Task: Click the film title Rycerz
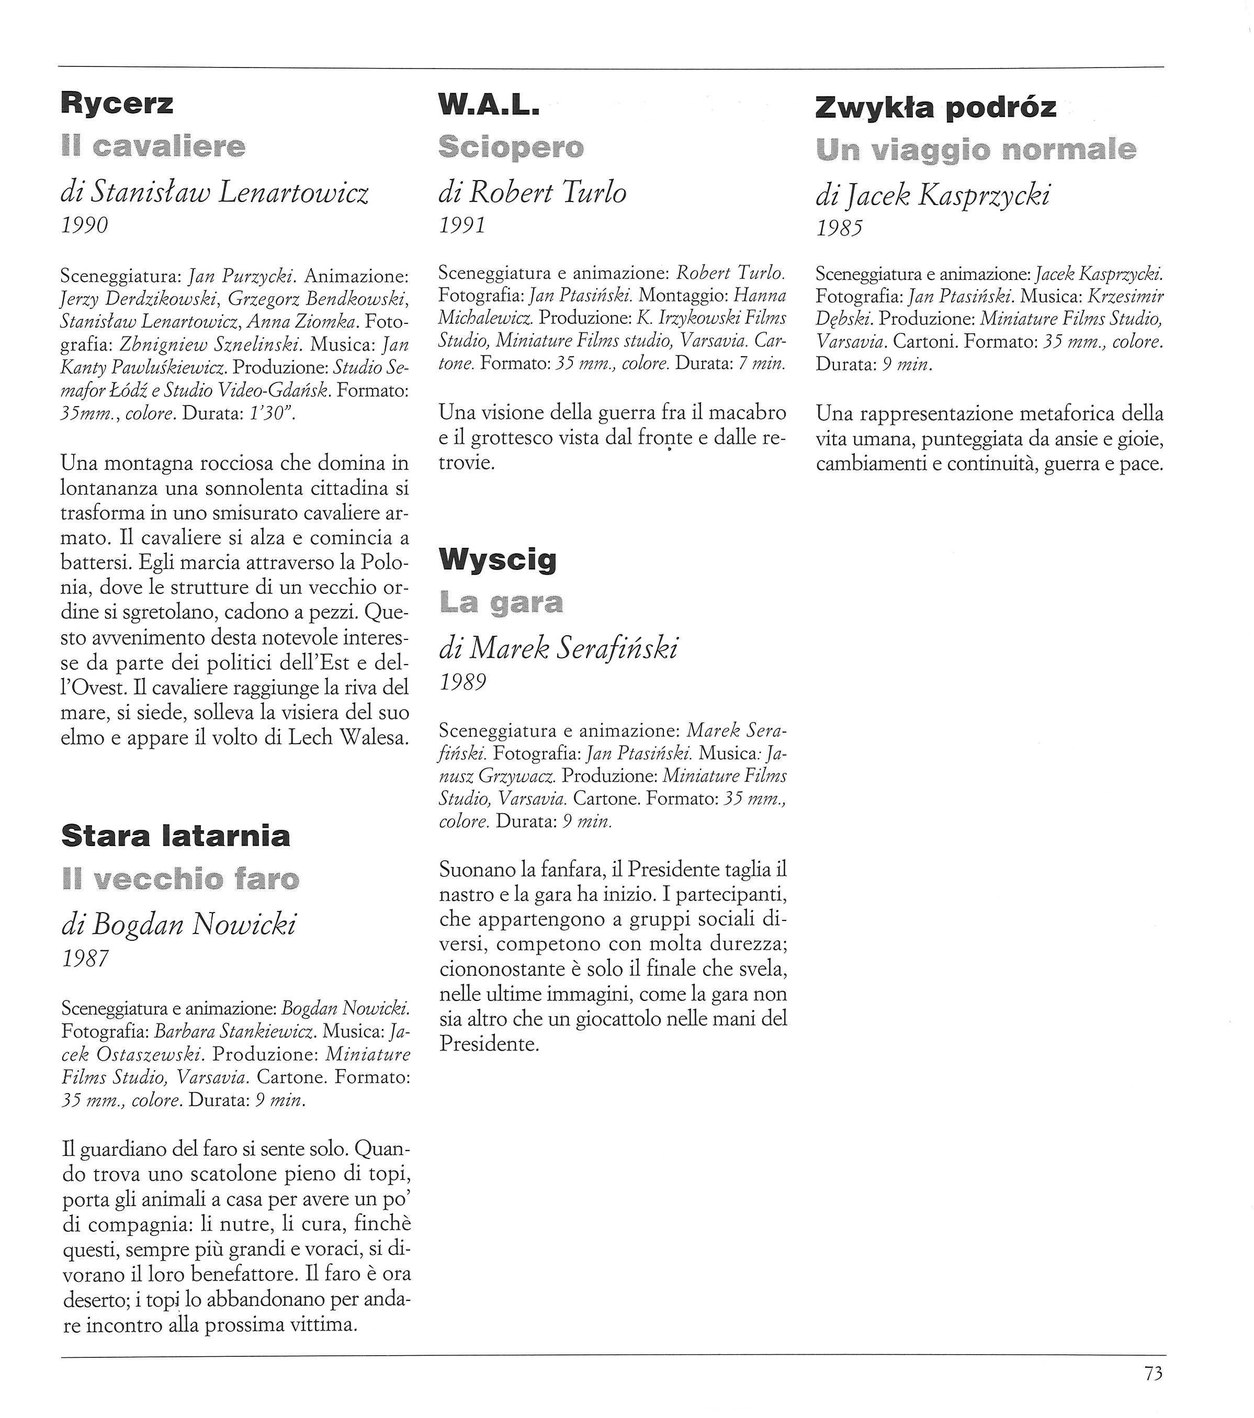[x=117, y=104]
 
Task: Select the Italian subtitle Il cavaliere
[x=153, y=147]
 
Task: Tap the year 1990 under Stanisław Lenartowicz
[x=85, y=226]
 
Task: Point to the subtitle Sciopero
[x=511, y=147]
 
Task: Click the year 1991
[x=462, y=226]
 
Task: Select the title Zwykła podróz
[x=935, y=108]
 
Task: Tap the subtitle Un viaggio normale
[x=976, y=150]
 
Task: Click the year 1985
[x=839, y=228]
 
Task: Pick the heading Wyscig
[x=498, y=559]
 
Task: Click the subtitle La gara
[x=501, y=603]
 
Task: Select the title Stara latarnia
[x=175, y=836]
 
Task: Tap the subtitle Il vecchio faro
[x=180, y=879]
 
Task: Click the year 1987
[x=85, y=959]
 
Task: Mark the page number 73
[x=1154, y=1373]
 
